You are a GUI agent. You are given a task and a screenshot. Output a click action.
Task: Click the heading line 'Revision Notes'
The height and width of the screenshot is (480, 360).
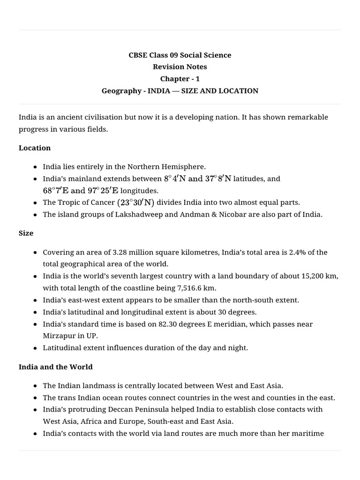[180, 67]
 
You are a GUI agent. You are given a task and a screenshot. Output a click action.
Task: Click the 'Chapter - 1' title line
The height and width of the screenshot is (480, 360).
[180, 79]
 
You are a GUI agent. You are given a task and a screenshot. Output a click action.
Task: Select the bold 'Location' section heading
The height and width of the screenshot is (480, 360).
[35, 148]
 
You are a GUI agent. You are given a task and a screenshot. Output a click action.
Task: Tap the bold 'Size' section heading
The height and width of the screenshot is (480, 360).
[26, 233]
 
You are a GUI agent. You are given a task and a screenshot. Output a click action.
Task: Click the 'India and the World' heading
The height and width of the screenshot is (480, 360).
[56, 367]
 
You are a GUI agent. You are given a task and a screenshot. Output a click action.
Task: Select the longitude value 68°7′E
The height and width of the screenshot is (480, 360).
[56, 191]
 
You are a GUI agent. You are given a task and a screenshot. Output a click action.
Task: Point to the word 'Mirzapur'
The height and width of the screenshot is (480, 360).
[58, 336]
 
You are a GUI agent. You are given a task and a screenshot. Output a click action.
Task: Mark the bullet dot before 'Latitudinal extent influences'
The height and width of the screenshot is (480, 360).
[36, 348]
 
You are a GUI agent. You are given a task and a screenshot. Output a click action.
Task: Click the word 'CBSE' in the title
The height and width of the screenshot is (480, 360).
[139, 55]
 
